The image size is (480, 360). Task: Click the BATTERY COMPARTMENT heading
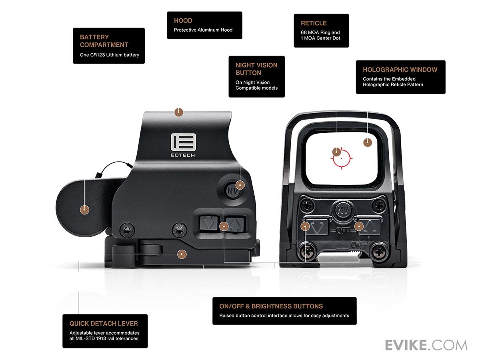point(104,41)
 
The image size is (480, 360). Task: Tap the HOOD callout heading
point(183,20)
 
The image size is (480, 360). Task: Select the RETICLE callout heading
point(314,23)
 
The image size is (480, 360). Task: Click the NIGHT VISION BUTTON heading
point(256,69)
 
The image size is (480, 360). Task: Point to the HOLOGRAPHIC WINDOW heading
point(400,70)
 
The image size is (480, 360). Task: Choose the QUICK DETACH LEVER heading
point(104,324)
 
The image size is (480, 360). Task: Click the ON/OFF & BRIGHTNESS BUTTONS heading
point(271,306)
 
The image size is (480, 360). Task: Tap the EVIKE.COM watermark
point(426,345)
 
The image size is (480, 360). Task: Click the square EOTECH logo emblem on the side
point(183,142)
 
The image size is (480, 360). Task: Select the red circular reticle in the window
point(341,158)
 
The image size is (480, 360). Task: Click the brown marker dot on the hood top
point(178,112)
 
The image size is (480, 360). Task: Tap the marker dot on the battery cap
point(84,209)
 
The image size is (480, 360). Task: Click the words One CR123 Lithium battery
point(109,55)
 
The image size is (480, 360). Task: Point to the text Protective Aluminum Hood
point(203,30)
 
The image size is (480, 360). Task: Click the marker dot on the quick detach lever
point(182,254)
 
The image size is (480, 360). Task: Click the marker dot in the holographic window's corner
point(368,142)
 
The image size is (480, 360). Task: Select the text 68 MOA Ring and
point(320,32)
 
